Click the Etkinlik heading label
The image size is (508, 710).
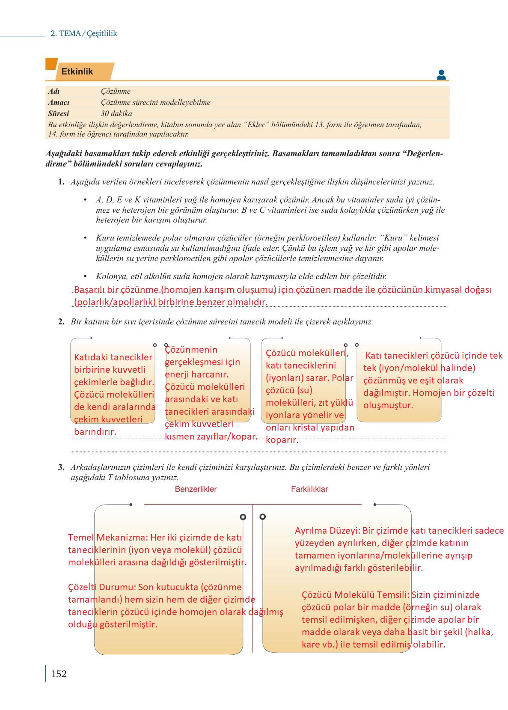pos(77,71)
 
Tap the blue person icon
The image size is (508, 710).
pos(441,75)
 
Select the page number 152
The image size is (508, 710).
pos(59,674)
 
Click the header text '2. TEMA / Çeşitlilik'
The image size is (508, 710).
pos(83,33)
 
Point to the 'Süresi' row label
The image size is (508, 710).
pos(59,113)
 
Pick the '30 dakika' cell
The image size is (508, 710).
pos(116,113)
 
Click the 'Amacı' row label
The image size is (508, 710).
pos(59,102)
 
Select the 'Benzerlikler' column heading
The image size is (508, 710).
pos(196,489)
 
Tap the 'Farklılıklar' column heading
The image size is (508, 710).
pos(309,489)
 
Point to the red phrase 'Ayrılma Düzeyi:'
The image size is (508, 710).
pos(327,531)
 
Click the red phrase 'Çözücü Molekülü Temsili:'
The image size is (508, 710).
pos(355,595)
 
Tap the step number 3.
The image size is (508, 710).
pos(61,467)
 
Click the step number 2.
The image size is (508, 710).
pos(61,322)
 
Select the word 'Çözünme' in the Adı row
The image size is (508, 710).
pos(116,91)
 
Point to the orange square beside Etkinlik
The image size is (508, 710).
pos(51,64)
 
